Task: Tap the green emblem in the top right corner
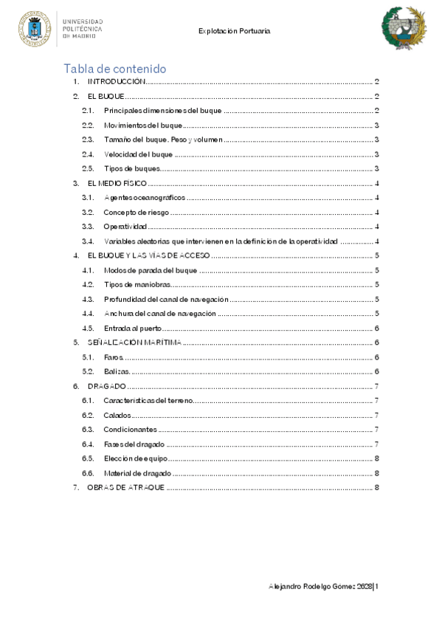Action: (403, 27)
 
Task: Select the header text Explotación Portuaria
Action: (235, 32)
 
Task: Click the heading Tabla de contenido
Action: (114, 69)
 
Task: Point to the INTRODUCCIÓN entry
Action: (116, 83)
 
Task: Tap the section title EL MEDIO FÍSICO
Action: (117, 183)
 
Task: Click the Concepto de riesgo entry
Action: (137, 212)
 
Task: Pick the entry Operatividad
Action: (125, 226)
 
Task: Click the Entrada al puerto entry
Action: (133, 328)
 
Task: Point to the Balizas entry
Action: (117, 371)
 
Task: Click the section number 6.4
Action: (88, 444)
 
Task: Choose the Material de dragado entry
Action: (137, 472)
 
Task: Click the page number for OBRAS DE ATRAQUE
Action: (376, 487)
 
